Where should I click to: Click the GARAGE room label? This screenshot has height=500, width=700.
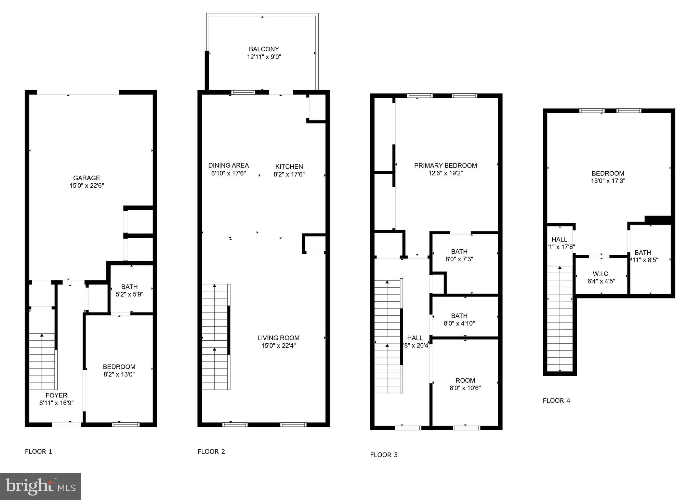87,178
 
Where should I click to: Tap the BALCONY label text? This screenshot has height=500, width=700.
264,49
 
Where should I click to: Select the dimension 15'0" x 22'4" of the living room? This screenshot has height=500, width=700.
278,345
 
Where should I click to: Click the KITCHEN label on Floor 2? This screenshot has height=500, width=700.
289,167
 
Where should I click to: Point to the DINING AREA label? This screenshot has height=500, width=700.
228,166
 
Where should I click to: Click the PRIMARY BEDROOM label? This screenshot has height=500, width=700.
445,166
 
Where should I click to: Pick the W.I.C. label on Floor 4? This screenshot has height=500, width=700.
601,274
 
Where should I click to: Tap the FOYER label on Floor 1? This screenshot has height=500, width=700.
56,395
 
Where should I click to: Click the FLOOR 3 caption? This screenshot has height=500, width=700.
384,455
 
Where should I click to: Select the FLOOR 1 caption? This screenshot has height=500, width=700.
39,451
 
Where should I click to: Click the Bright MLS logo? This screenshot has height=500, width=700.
40,486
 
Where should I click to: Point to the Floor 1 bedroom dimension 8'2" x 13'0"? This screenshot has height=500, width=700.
119,374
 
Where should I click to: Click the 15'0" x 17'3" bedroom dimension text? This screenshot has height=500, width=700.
608,181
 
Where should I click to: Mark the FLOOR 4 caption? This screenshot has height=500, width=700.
556,400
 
